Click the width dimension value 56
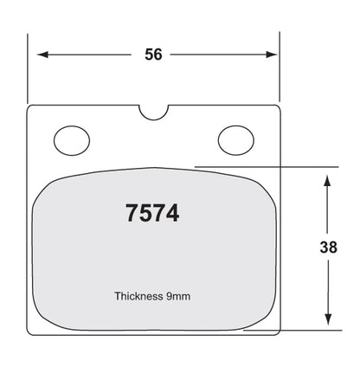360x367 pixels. click(x=153, y=55)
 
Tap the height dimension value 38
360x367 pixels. click(x=328, y=248)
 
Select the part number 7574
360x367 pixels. click(x=152, y=213)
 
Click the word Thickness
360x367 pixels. click(x=138, y=296)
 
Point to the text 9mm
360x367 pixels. click(x=178, y=296)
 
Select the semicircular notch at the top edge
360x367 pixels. click(x=153, y=119)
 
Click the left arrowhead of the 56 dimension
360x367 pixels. click(x=42, y=55)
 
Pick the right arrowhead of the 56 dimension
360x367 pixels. click(x=272, y=55)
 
